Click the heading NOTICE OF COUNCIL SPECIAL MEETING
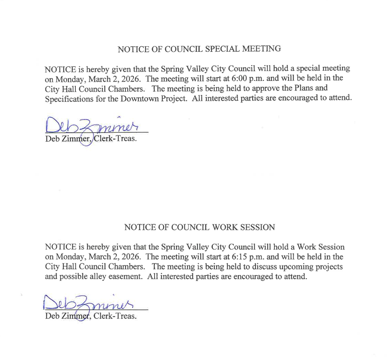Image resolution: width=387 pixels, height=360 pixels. point(199,49)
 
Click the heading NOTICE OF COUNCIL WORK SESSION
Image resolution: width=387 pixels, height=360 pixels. point(199,227)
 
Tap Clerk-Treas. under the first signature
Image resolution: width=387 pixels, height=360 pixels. point(118,139)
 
